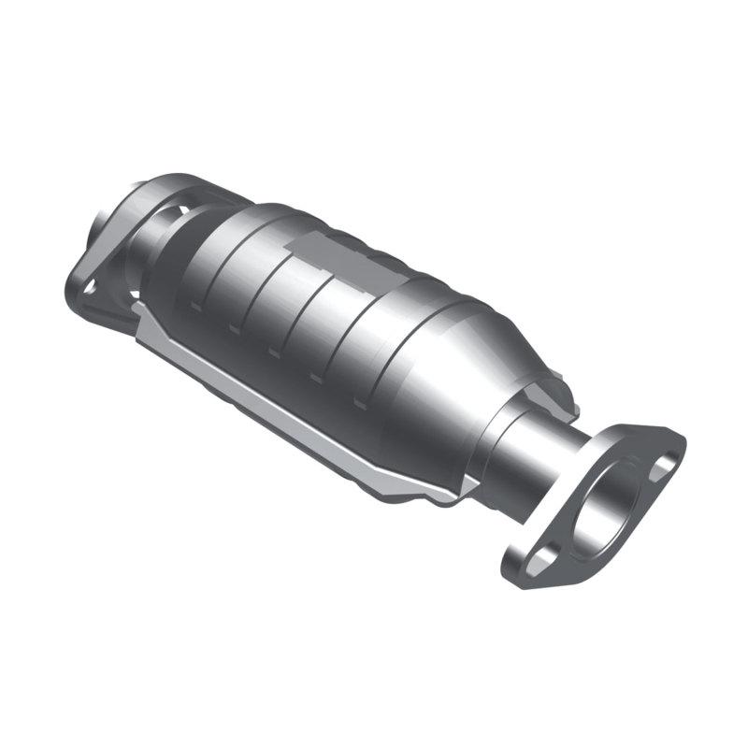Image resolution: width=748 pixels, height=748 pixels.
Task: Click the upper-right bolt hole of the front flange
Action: click(x=665, y=462)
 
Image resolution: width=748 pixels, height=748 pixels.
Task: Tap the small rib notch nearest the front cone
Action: click(x=361, y=404)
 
